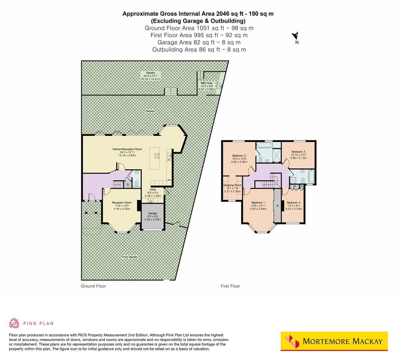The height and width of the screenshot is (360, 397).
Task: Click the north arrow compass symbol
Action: point(295,36)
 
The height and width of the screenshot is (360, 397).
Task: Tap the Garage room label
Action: point(153,213)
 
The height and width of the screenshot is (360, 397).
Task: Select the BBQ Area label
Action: point(206,83)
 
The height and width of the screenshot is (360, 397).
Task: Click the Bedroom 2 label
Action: point(239,156)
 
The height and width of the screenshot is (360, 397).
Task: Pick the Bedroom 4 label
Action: point(293,203)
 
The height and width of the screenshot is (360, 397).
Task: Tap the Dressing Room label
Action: point(232,185)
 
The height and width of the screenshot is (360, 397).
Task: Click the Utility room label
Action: point(153,190)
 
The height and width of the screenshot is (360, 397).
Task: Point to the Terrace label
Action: point(150,111)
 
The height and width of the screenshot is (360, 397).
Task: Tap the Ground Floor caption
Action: point(93,286)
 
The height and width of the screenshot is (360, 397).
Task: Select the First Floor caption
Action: point(230,286)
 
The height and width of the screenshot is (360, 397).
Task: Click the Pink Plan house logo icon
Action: point(14,323)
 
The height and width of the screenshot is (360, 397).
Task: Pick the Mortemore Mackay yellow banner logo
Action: point(334,341)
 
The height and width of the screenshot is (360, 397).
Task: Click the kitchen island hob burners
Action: point(157,156)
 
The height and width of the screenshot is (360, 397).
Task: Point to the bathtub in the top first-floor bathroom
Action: point(264,145)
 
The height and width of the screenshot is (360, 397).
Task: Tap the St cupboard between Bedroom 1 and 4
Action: point(277,206)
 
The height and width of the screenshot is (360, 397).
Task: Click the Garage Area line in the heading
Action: point(199,42)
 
